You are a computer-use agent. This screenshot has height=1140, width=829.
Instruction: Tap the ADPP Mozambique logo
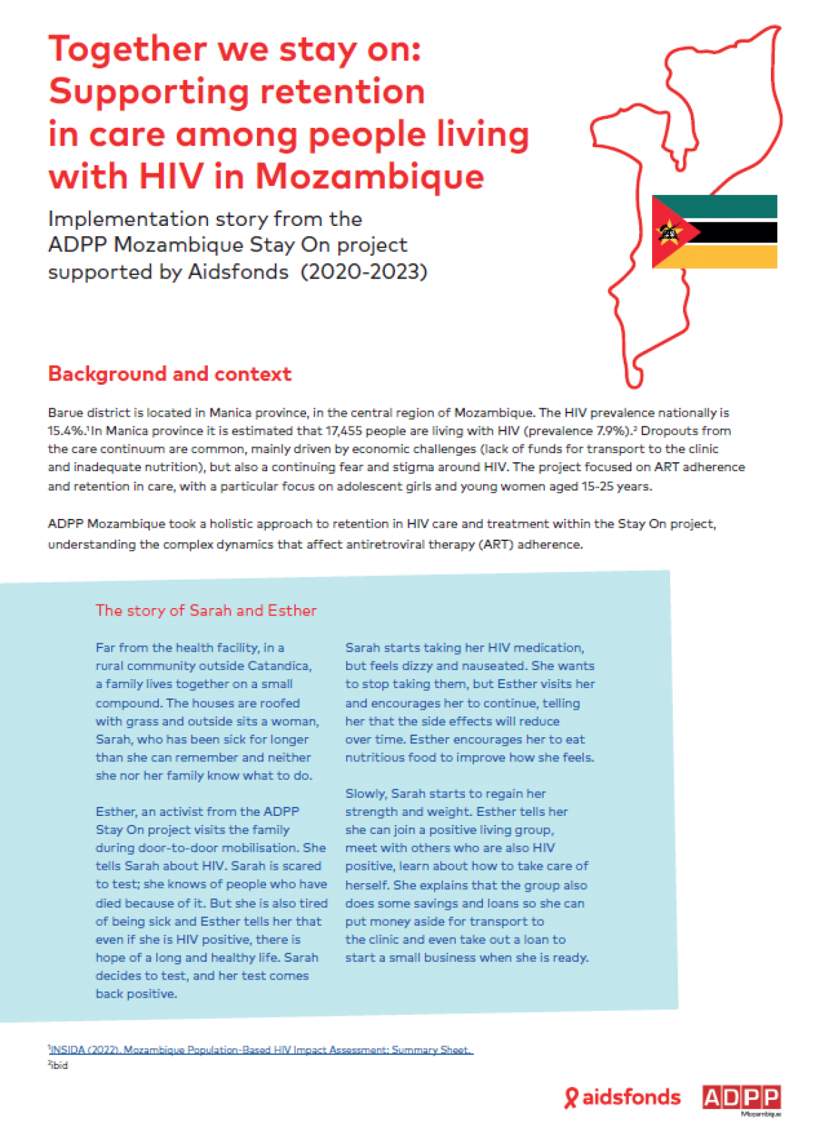tap(741, 1098)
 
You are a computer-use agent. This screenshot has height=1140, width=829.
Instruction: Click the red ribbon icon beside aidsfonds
tap(571, 1098)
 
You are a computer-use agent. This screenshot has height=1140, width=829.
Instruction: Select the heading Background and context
tap(169, 374)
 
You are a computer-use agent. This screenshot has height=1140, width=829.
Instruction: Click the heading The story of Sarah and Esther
tap(206, 610)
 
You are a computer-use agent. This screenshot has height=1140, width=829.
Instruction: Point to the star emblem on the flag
tap(668, 232)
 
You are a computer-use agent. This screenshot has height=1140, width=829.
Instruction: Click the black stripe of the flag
tap(739, 232)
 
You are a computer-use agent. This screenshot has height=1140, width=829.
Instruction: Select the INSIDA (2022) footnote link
tap(261, 1049)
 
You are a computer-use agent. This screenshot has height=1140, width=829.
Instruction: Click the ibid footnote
tap(59, 1065)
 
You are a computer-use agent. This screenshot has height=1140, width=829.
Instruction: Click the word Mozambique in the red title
tap(370, 176)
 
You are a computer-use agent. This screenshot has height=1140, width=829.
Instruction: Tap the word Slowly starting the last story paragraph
tap(365, 793)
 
